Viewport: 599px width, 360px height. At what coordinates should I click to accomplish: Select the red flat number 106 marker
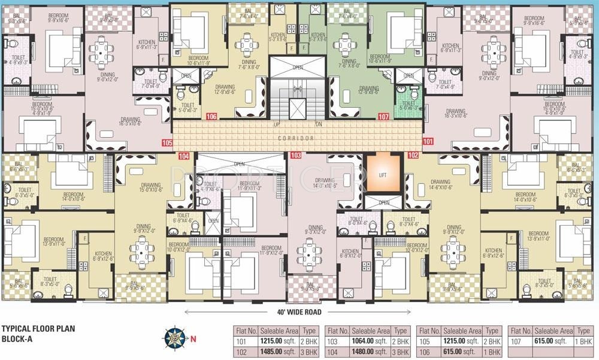point(211,117)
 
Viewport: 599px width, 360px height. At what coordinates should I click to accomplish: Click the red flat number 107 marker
point(384,117)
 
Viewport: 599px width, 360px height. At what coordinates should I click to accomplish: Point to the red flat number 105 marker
point(167,143)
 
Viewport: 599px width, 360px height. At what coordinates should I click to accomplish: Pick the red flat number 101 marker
point(428,142)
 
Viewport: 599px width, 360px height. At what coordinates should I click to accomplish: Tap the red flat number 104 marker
point(184,155)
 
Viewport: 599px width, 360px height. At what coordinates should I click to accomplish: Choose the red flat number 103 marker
point(295,155)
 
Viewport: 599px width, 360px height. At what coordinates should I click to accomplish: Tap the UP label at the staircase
point(277,125)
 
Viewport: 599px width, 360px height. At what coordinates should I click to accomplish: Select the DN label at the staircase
point(318,125)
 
